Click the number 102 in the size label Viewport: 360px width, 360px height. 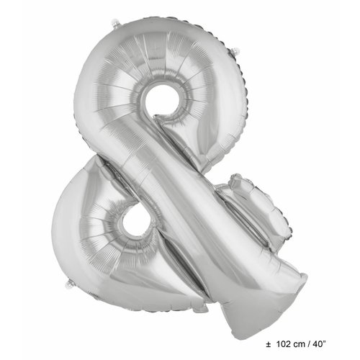click(286, 343)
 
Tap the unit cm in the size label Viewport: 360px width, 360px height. click(303, 343)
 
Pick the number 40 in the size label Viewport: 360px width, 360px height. click(323, 343)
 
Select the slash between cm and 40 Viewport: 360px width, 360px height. click(313, 343)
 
